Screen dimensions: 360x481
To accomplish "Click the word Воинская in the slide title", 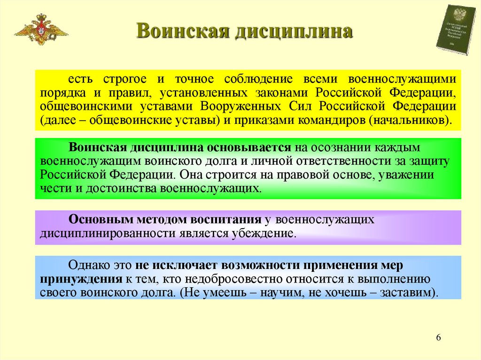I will pyautogui.click(x=179, y=32).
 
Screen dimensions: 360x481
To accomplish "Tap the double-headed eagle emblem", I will pyautogui.click(x=41, y=29).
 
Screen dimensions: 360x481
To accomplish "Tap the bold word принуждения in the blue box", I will pyautogui.click(x=81, y=279).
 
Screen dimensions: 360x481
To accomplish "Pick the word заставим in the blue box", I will pyautogui.click(x=405, y=293).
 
